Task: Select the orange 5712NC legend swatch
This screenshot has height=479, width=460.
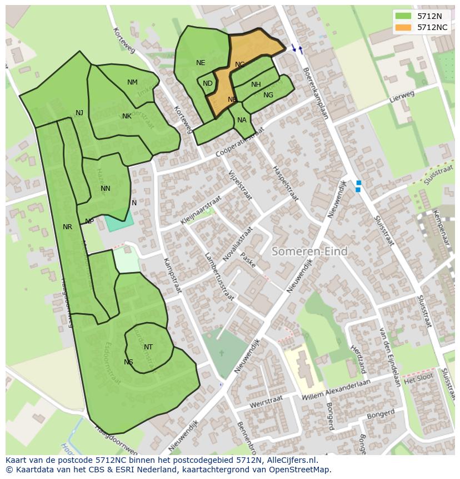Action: [x=403, y=27]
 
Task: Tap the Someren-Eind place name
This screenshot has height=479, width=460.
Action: [x=309, y=251]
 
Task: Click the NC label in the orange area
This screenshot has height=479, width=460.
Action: [x=239, y=65]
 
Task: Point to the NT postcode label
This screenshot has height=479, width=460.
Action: [x=148, y=347]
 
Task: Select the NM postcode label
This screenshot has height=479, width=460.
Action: [x=132, y=82]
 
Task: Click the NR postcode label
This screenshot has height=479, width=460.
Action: [x=67, y=227]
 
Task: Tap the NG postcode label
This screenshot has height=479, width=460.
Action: [x=268, y=95]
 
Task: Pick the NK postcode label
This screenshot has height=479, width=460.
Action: [x=127, y=116]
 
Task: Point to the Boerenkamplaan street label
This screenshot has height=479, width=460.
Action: [x=315, y=93]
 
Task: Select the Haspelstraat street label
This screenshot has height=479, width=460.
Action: [x=285, y=184]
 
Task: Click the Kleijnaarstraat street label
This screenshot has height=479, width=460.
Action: [x=201, y=210]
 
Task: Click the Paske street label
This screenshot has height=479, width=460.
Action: [x=248, y=260]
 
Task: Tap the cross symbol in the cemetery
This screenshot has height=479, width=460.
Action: [x=221, y=353]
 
